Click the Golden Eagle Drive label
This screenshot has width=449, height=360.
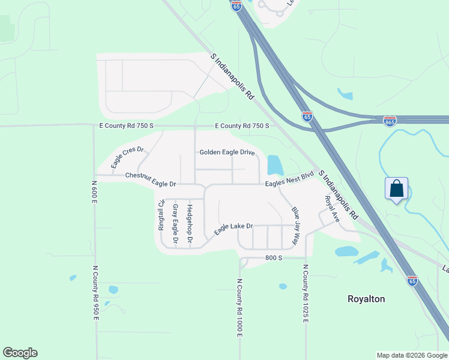pos(227,152)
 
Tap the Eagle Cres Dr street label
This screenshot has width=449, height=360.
pos(128,157)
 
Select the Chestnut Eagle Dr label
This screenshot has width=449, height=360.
pos(151,176)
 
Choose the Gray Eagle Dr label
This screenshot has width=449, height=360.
pos(175,224)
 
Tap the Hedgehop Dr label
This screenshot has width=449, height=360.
pos(190,224)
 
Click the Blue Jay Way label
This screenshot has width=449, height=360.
pos(295,226)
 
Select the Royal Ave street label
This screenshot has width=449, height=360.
pos(332,209)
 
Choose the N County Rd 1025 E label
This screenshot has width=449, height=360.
pos(306,293)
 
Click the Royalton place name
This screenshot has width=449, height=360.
pos(366,299)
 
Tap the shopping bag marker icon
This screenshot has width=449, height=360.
pos(397,189)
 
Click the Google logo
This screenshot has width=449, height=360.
pos(20,353)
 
